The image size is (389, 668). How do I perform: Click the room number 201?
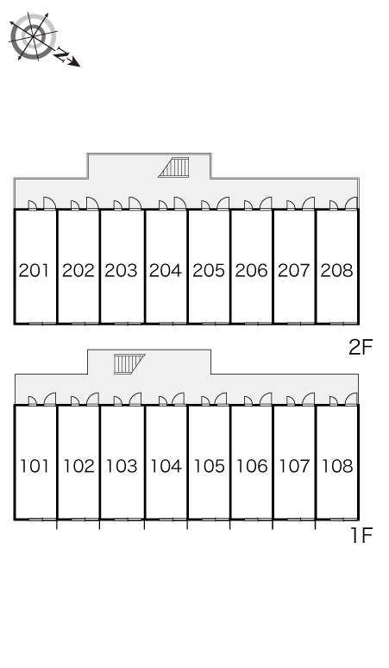pyautogui.click(x=34, y=270)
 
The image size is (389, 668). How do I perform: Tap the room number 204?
pyautogui.click(x=166, y=270)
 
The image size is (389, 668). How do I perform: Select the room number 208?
pyautogui.click(x=336, y=270)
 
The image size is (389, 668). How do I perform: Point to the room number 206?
pyautogui.click(x=251, y=270)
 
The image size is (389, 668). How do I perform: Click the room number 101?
pyautogui.click(x=35, y=466)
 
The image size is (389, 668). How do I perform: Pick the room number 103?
pyautogui.click(x=122, y=466)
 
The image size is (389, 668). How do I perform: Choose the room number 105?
pyautogui.click(x=209, y=466)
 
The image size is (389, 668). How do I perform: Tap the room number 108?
pyautogui.click(x=337, y=466)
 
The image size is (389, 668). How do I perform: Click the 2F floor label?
pyautogui.click(x=361, y=348)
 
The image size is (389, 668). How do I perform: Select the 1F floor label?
pyautogui.click(x=361, y=535)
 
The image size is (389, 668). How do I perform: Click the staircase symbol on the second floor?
pyautogui.click(x=173, y=167)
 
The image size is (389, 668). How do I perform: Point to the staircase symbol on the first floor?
pyautogui.click(x=129, y=364)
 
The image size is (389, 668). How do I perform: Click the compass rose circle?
pyautogui.click(x=33, y=36)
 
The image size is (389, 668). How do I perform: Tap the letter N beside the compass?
pyautogui.click(x=62, y=56)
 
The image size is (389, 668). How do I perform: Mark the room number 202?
pyautogui.click(x=78, y=270)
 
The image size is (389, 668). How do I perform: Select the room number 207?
pyautogui.click(x=293, y=270)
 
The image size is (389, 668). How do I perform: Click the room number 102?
pyautogui.click(x=78, y=466)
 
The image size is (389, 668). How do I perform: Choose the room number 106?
pyautogui.click(x=252, y=466)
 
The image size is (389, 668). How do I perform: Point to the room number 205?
pyautogui.click(x=209, y=270)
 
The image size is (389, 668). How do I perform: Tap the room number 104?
pyautogui.click(x=166, y=466)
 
